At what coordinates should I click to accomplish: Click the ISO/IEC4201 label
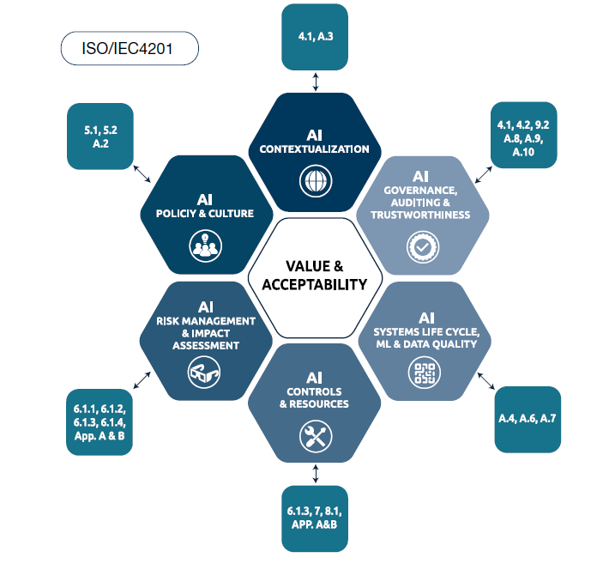tap(130, 48)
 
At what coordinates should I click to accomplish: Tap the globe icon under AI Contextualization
tap(315, 182)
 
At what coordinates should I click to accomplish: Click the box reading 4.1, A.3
tap(315, 37)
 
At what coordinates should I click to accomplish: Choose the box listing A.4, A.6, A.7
tap(528, 418)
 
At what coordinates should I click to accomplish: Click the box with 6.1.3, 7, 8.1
tap(315, 518)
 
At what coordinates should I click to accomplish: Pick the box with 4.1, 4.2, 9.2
tap(523, 135)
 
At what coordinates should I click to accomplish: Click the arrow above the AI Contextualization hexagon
tap(316, 82)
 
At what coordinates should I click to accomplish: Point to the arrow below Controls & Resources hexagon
tap(316, 473)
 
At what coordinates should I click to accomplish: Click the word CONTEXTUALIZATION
tap(315, 149)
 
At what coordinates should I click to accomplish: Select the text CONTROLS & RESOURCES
tap(315, 397)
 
